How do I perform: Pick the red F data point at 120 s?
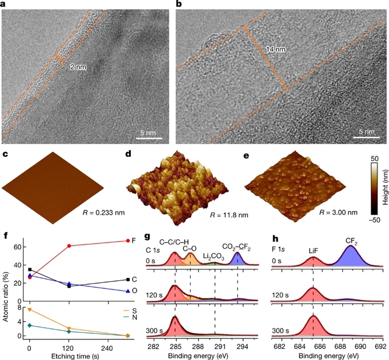point(69,246)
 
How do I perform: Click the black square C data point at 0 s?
point(29,269)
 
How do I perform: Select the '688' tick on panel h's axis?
point(341,346)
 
